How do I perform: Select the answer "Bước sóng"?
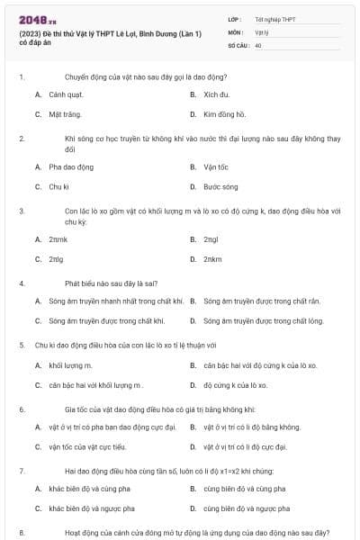(x=220, y=187)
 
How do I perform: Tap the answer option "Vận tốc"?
(x=217, y=166)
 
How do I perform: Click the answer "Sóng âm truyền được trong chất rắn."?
(x=262, y=301)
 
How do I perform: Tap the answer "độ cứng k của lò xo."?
(x=236, y=385)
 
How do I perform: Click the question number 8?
(x=21, y=533)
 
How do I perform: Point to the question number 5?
(x=21, y=344)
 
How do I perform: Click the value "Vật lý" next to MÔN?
(x=262, y=31)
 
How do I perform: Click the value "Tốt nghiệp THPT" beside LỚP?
(x=274, y=18)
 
